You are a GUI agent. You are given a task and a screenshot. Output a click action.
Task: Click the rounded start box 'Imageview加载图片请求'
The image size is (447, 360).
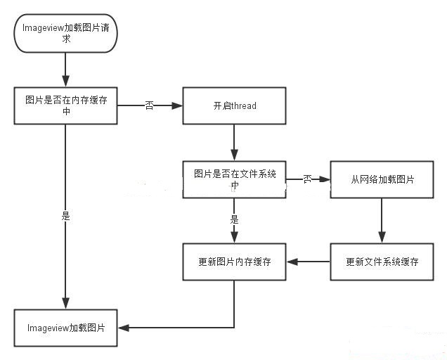[65, 33]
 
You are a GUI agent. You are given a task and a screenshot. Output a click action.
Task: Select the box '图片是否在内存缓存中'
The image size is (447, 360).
[65, 106]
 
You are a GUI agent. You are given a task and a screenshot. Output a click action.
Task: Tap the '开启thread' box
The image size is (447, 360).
[234, 106]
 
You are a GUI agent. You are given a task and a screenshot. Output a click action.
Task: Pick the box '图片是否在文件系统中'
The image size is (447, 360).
[234, 179]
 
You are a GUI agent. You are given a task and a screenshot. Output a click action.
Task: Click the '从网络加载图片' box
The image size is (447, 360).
[382, 179]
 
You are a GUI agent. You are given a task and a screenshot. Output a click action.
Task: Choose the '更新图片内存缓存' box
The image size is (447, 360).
[234, 262]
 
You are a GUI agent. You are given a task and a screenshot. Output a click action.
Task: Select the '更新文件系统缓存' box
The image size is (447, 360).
[382, 262]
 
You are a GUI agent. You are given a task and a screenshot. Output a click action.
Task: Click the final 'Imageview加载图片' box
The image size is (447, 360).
[65, 328]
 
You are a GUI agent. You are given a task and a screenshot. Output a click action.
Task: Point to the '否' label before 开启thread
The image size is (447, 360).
[150, 105]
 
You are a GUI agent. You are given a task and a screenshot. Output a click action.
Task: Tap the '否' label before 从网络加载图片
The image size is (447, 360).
[307, 179]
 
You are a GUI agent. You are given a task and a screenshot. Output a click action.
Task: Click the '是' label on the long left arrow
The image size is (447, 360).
[65, 216]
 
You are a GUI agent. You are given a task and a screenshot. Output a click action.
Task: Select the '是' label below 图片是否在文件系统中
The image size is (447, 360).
[234, 219]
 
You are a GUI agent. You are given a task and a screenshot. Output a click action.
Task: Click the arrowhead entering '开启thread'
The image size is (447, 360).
[177, 106]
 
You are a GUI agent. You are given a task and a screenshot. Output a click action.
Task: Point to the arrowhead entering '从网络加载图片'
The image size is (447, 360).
[325, 179]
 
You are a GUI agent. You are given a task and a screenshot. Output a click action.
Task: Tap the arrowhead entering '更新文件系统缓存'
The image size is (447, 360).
[382, 238]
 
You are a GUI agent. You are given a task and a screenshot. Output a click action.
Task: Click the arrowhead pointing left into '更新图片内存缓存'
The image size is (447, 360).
[292, 262]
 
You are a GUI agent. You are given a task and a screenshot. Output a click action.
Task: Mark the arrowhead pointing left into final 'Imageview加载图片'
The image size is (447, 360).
[123, 328]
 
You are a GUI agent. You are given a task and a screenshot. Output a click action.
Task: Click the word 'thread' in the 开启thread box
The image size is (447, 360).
[243, 106]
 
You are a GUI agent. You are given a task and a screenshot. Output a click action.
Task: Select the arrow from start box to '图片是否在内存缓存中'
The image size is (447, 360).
[65, 70]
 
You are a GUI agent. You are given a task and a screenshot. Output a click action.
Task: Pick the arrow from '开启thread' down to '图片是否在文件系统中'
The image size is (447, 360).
[234, 143]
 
